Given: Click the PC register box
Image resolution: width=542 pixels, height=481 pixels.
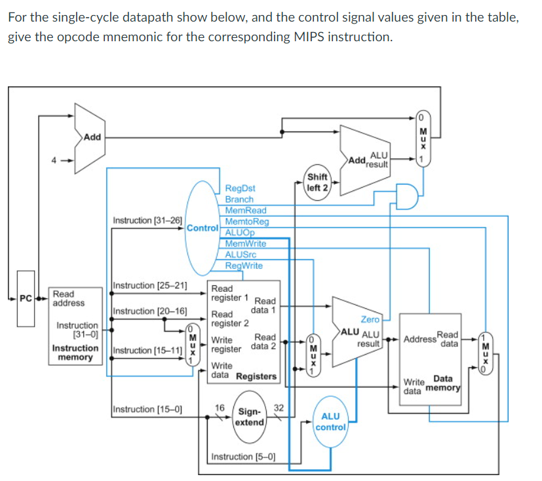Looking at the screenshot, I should [x=26, y=306].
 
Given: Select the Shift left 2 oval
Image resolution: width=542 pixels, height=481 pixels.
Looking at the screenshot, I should [x=318, y=182].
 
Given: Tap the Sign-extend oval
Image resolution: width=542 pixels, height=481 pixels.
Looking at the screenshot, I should [x=250, y=417].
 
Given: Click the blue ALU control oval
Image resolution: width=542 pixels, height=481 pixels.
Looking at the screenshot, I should [x=331, y=422].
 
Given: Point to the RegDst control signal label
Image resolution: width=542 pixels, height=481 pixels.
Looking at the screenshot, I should [x=240, y=188].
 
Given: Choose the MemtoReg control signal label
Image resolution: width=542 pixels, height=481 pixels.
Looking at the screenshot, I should [x=247, y=222].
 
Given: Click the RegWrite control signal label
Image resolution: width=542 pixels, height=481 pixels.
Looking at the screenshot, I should [x=244, y=266].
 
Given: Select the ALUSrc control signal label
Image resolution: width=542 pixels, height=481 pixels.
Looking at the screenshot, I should [x=241, y=255].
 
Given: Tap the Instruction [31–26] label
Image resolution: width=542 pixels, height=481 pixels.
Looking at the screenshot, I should [x=147, y=220].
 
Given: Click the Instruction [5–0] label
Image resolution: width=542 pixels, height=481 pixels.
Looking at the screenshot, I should [x=243, y=456].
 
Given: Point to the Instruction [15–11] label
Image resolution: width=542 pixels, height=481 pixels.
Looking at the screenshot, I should [x=147, y=350].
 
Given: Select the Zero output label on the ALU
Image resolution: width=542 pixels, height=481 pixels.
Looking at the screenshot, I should [x=370, y=319].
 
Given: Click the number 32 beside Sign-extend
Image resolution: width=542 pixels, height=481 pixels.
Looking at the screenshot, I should [x=278, y=408].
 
